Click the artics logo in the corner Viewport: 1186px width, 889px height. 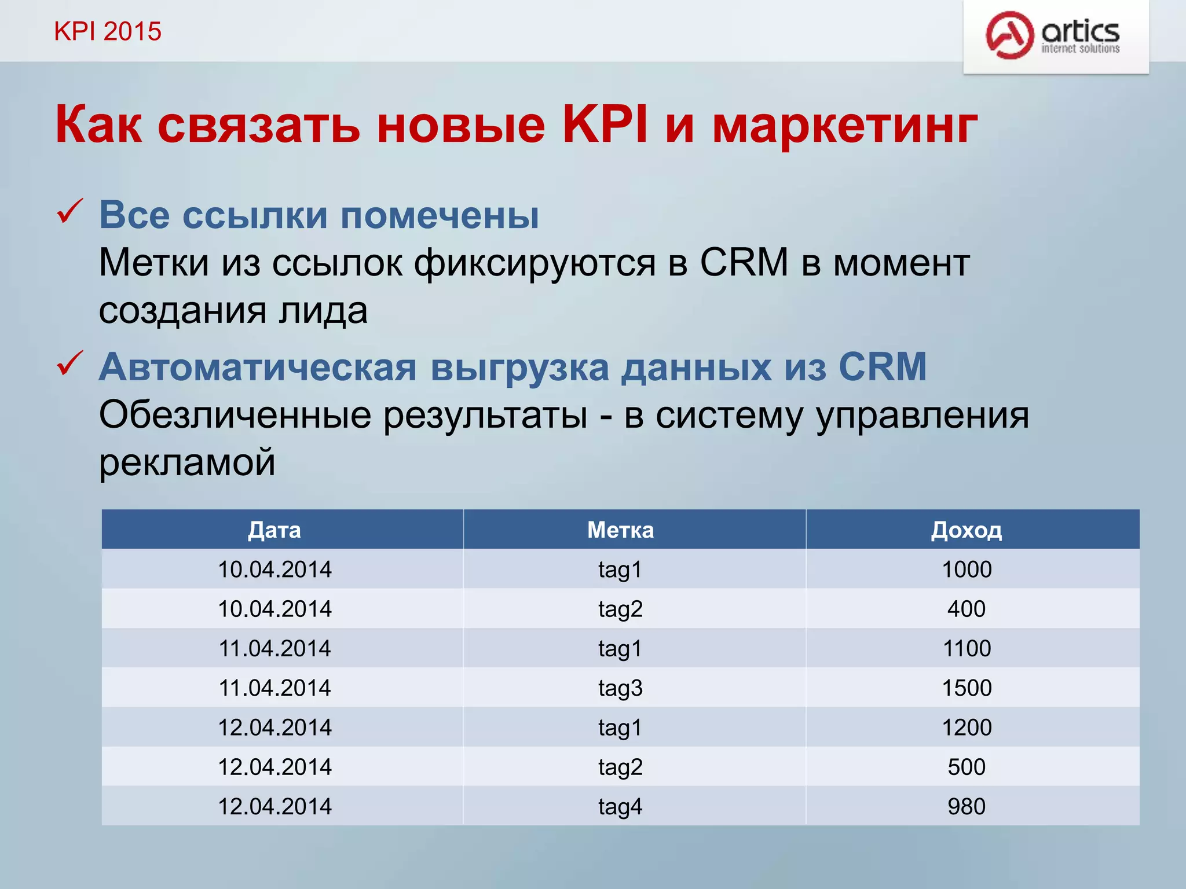point(1054,36)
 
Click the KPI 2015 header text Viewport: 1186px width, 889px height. point(108,31)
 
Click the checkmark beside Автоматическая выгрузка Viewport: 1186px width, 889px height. point(70,364)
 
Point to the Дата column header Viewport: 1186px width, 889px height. point(274,530)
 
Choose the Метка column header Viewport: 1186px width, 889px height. point(620,530)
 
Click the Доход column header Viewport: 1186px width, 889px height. point(966,530)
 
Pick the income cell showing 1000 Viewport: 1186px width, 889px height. point(967,570)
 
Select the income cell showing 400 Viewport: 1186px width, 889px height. point(967,609)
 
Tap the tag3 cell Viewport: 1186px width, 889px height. point(620,688)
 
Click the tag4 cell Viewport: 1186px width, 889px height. point(620,807)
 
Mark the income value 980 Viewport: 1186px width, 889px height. point(967,807)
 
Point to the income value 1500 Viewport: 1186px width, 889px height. point(967,688)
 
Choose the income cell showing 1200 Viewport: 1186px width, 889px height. point(967,728)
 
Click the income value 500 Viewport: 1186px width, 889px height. point(967,767)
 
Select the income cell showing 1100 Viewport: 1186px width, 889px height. point(967,649)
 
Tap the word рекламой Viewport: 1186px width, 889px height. point(187,463)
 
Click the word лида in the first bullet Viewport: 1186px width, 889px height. point(323,311)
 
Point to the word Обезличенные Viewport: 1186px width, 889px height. point(235,416)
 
